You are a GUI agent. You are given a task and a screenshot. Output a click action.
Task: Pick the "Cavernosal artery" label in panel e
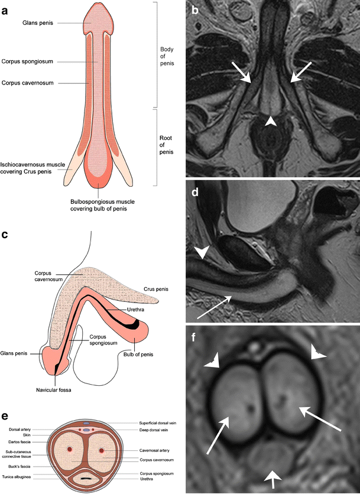coord(144,450)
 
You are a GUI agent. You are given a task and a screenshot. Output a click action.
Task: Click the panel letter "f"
coord(194,337)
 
